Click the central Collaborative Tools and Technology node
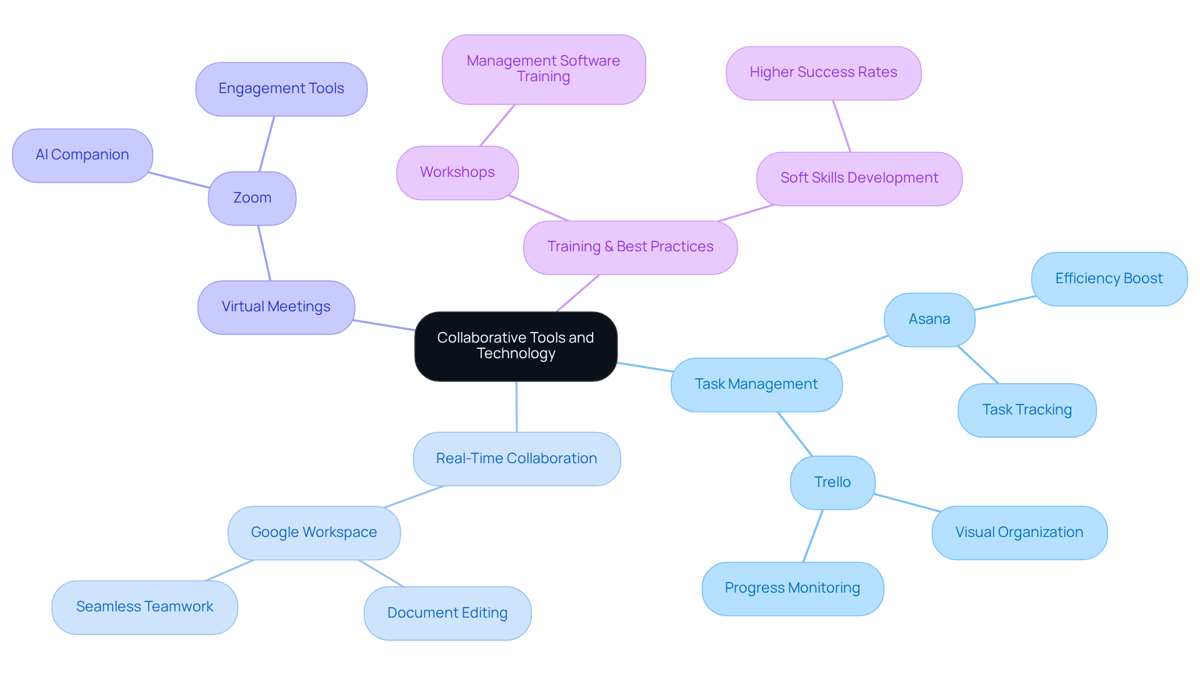pos(516,346)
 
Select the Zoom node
pos(252,198)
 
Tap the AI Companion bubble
pos(82,155)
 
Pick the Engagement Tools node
pos(281,89)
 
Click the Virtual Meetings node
pos(276,307)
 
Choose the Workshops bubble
pos(457,173)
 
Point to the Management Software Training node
pos(543,69)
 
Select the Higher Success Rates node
pos(823,73)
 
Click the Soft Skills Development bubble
pos(859,178)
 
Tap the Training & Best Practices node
pos(630,247)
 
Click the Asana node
pos(929,319)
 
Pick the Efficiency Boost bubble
pos(1109,279)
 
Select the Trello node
pos(832,483)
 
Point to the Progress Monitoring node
pos(792,588)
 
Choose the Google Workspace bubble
pos(314,533)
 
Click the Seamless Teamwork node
pos(144,607)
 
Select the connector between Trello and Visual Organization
pos(906,503)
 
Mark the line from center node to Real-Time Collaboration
pos(516,406)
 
